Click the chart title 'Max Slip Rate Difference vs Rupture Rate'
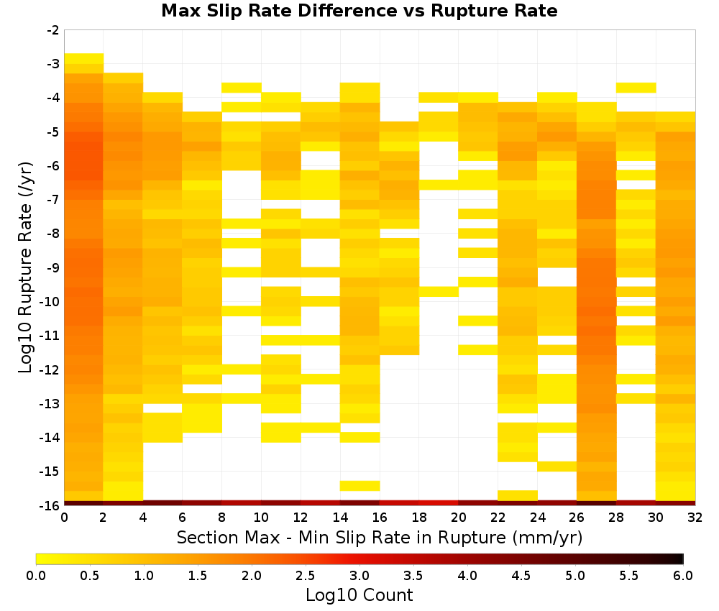[x=359, y=11]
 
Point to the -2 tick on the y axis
[x=53, y=30]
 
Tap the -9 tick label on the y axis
[x=53, y=267]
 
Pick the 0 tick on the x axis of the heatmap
[x=64, y=518]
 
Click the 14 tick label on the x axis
[x=340, y=518]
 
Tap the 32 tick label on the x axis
[x=695, y=518]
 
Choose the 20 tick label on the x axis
[x=459, y=518]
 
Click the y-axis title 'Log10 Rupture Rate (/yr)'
[x=26, y=267]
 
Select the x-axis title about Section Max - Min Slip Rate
[x=380, y=537]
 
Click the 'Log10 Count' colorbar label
[x=359, y=595]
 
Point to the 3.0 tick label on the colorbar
[x=359, y=575]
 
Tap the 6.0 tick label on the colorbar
[x=683, y=575]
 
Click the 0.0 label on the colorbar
[x=36, y=575]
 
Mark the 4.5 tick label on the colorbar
[x=521, y=575]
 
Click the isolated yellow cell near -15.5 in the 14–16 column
[x=360, y=486]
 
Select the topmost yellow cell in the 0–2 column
[x=84, y=58]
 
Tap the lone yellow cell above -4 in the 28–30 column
[x=636, y=88]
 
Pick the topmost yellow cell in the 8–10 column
[x=242, y=88]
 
